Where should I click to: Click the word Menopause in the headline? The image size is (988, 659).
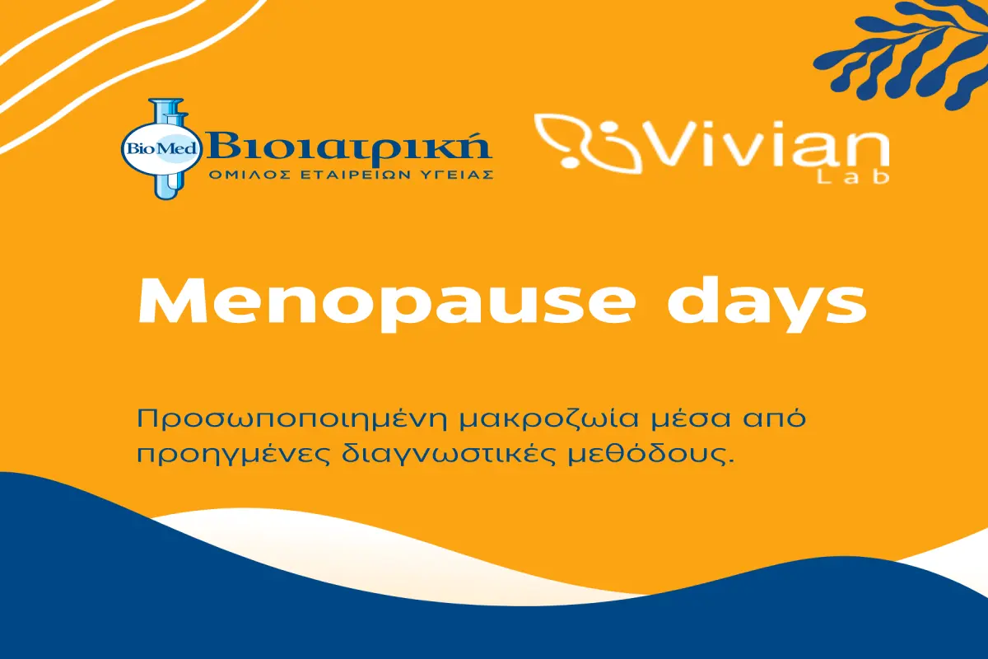coord(387,304)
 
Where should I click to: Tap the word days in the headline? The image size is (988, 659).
coord(767,305)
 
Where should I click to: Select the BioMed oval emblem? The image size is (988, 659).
coord(162,148)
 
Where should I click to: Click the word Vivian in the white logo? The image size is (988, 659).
coord(765,144)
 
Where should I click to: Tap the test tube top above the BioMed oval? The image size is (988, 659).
coord(166,112)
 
